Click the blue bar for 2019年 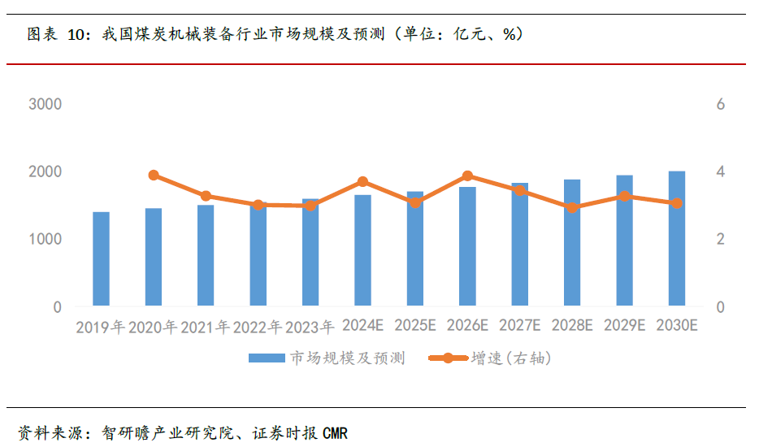[x=101, y=259]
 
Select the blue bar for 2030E [x=677, y=239]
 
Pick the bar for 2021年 [x=206, y=256]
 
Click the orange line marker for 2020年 [x=154, y=176]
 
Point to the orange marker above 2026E [x=467, y=176]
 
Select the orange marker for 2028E [x=572, y=207]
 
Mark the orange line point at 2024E [x=363, y=182]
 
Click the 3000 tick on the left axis [x=45, y=105]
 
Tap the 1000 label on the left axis [x=45, y=240]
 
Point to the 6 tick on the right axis [x=720, y=105]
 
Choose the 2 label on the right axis [x=720, y=240]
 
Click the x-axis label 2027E [x=519, y=326]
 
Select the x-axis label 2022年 [x=258, y=328]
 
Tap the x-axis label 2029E [x=624, y=326]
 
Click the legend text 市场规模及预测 [x=347, y=358]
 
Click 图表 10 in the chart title [x=56, y=34]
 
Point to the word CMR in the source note [x=335, y=433]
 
